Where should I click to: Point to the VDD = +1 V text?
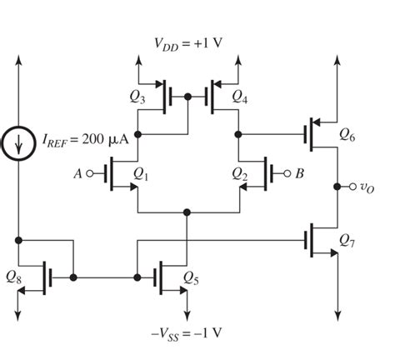[x=188, y=43]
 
